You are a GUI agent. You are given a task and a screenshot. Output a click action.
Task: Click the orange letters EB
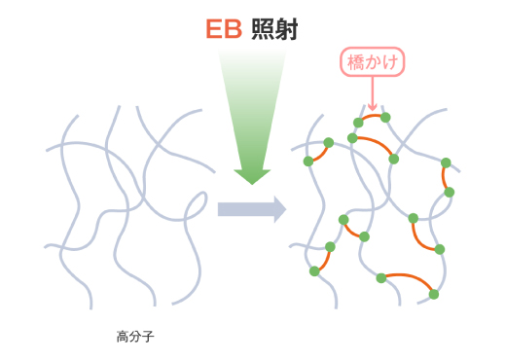[x=224, y=29]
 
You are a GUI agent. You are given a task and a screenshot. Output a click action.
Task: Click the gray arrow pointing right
[x=251, y=208]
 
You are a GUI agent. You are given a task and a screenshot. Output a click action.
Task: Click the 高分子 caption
[x=135, y=338]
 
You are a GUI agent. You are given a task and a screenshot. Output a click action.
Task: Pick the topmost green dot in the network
[x=385, y=118]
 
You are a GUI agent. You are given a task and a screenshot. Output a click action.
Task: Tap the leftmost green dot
[x=307, y=161]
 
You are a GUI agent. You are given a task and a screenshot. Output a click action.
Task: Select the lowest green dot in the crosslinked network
[x=434, y=294]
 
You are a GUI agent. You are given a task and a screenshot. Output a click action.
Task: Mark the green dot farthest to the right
[x=450, y=192]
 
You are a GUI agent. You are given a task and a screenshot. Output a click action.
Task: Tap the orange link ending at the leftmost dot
[x=317, y=152]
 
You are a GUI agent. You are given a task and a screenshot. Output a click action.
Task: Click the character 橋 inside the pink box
[x=356, y=63]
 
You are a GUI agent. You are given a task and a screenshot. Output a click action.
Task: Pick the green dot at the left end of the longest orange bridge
[x=381, y=278]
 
